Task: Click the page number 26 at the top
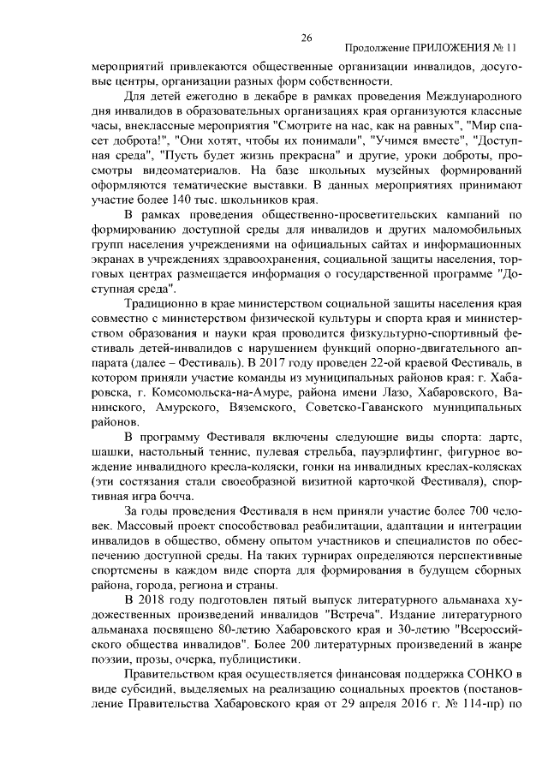click(x=307, y=38)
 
